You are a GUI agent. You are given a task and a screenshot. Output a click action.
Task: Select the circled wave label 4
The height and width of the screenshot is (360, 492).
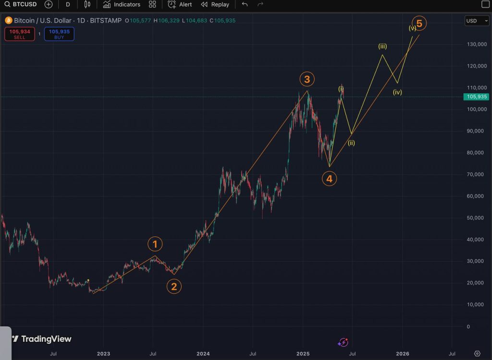click(329, 179)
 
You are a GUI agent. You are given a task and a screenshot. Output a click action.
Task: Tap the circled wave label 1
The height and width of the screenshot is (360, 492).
click(155, 245)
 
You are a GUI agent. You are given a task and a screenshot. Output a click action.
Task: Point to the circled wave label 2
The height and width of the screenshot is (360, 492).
click(174, 287)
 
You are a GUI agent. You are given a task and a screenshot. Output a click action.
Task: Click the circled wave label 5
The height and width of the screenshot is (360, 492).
click(419, 23)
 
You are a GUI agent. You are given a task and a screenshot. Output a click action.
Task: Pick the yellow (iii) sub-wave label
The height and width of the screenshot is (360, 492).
click(382, 47)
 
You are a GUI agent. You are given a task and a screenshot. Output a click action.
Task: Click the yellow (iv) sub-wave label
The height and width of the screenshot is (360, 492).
click(397, 92)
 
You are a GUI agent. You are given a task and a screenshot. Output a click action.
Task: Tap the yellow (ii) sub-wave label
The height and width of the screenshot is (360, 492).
click(352, 143)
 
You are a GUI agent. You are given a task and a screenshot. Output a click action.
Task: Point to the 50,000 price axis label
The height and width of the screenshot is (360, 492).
click(476, 218)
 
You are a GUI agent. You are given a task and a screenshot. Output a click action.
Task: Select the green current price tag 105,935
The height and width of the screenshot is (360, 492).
click(476, 97)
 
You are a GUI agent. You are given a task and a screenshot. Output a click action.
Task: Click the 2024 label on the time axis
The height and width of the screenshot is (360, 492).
click(203, 354)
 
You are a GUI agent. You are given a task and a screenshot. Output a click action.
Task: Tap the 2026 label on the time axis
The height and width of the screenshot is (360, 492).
click(402, 354)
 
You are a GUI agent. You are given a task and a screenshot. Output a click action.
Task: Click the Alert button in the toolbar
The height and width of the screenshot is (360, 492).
click(180, 5)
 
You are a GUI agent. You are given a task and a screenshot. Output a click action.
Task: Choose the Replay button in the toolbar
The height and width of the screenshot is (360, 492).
click(215, 5)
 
